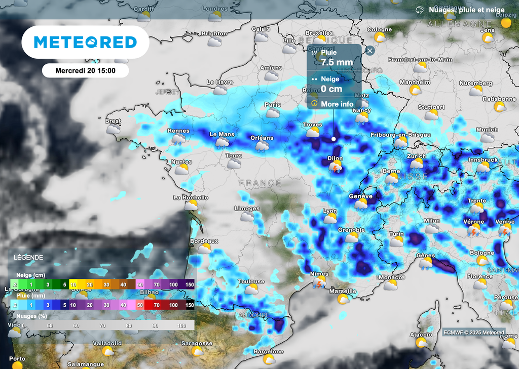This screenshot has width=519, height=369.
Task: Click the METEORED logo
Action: coord(85,42)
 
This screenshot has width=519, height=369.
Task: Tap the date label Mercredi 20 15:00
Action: coord(85,70)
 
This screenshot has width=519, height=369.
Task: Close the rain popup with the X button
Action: coord(370,51)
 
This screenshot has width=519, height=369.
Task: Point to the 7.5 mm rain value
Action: coord(337,63)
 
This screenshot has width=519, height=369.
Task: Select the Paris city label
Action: coord(273,105)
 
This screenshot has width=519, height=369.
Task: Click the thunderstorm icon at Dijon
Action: coord(335,168)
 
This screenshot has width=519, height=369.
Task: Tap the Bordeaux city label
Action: coord(204,241)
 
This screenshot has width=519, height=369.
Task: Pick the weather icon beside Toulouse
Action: coord(251,290)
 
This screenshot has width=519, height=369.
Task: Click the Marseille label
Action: coord(343,292)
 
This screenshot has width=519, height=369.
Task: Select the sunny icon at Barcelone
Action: coord(269,359)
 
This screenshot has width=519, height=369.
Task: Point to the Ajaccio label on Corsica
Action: coord(421,335)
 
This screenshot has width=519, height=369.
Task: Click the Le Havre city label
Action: coord(220,82)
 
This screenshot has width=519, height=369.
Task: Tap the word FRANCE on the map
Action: coord(260,183)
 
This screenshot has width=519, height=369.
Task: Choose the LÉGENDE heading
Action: coord(29,257)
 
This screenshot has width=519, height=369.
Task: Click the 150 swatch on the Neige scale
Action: coord(190,285)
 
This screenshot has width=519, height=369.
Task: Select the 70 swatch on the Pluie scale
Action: coord(157,305)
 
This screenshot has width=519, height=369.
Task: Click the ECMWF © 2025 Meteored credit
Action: coord(473,333)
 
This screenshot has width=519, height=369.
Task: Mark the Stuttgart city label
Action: coord(431,107)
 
